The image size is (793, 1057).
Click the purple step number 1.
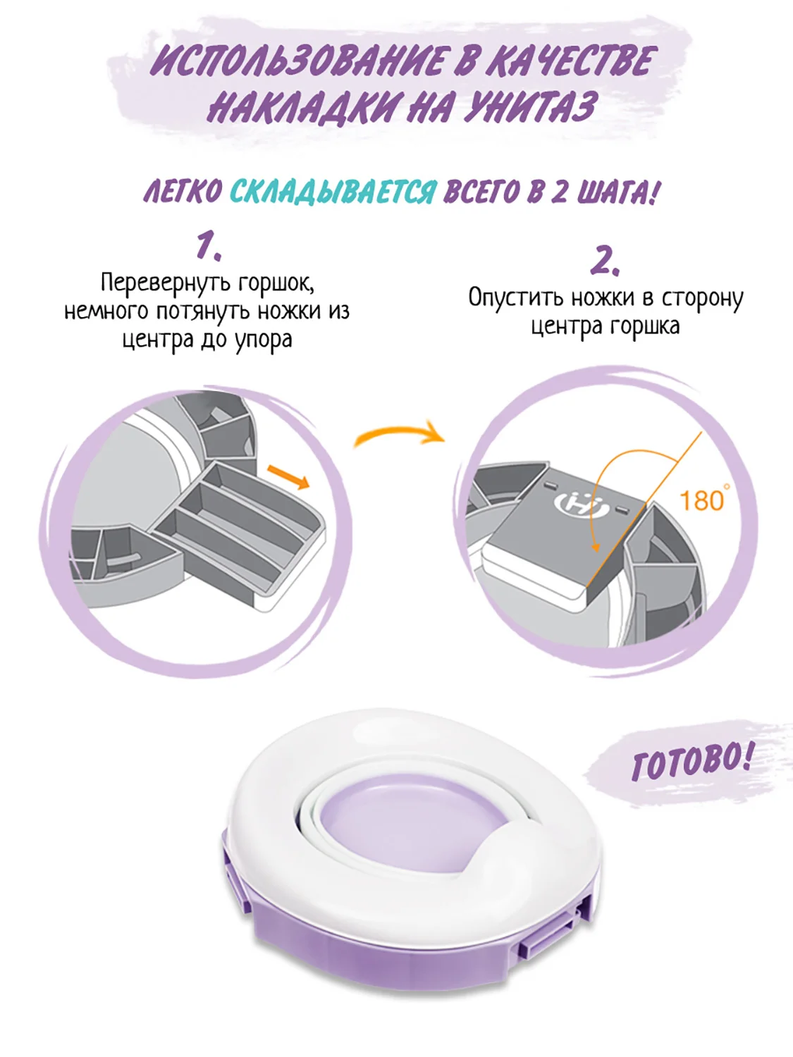click(x=209, y=247)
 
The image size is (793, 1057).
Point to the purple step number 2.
click(x=605, y=261)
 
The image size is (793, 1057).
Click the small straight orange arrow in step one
click(x=288, y=477)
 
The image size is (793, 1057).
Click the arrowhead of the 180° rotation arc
click(x=596, y=548)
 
